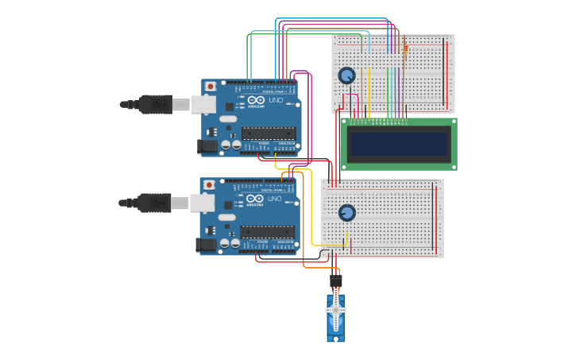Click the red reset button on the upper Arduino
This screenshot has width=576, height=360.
coord(210,86)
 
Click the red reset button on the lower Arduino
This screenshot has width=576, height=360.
coord(209,184)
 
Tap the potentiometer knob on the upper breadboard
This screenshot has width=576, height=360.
coord(346,75)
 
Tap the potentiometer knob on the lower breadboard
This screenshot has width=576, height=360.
coord(346,213)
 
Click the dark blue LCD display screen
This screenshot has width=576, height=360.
coord(399,144)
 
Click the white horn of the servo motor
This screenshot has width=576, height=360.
coord(336,309)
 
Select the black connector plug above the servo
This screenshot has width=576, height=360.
coord(336,280)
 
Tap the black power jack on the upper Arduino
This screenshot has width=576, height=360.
coord(208,145)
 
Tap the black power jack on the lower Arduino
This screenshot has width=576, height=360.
coord(207,244)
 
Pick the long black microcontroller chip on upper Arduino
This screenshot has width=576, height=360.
coord(269,134)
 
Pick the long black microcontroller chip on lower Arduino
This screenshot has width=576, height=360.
coord(268,232)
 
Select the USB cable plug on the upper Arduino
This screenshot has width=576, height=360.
coord(156,104)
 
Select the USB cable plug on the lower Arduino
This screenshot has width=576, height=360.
coord(155,203)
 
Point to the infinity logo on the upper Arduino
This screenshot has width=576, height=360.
coord(256,100)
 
